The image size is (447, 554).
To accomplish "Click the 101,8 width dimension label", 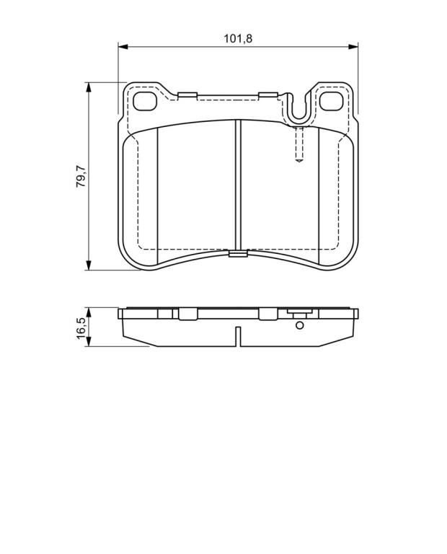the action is click(238, 38).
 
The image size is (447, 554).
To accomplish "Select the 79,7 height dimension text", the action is click(81, 176).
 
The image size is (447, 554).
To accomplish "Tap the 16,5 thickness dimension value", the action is click(81, 328).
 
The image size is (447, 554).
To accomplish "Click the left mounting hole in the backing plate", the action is click(145, 101).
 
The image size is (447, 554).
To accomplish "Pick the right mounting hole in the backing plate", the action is click(331, 101).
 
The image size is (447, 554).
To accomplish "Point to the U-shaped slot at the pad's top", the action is click(299, 110).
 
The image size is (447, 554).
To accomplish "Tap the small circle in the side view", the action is click(299, 325).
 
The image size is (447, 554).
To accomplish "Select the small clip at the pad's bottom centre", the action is click(238, 253).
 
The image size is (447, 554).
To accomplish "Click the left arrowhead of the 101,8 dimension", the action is click(123, 46).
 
